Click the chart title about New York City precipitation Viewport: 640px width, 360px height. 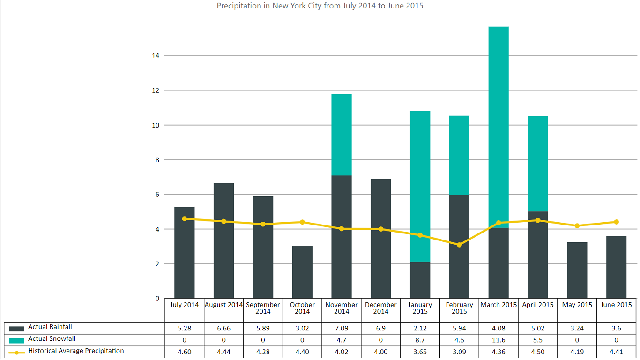tap(320, 6)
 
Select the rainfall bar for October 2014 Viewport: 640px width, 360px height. tap(302, 272)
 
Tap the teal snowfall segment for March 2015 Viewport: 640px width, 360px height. tap(499, 127)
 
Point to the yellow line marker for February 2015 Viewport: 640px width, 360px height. tap(459, 245)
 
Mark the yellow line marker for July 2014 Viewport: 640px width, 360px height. tap(185, 218)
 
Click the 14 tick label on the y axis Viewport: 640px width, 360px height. tap(155, 56)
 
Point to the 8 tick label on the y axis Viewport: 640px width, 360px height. tap(157, 160)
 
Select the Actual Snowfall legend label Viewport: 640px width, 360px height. tap(52, 339)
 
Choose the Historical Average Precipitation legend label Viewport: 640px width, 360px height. tap(76, 351)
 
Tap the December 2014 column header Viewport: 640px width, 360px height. tap(380, 308)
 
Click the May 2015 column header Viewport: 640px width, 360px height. tap(577, 305)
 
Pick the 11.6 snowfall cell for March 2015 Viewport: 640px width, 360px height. tap(499, 340)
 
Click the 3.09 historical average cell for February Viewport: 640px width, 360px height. tap(459, 352)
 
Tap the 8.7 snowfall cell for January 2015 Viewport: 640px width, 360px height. tap(420, 340)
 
